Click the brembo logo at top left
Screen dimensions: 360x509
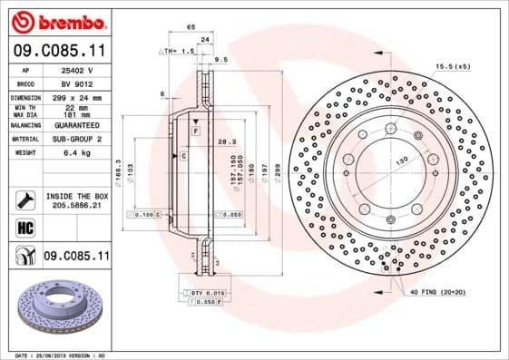[x=56, y=20]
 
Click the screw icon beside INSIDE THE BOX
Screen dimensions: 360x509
[x=23, y=200]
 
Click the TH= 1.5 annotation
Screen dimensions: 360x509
[x=182, y=53]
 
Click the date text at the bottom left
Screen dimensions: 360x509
[x=54, y=355]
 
